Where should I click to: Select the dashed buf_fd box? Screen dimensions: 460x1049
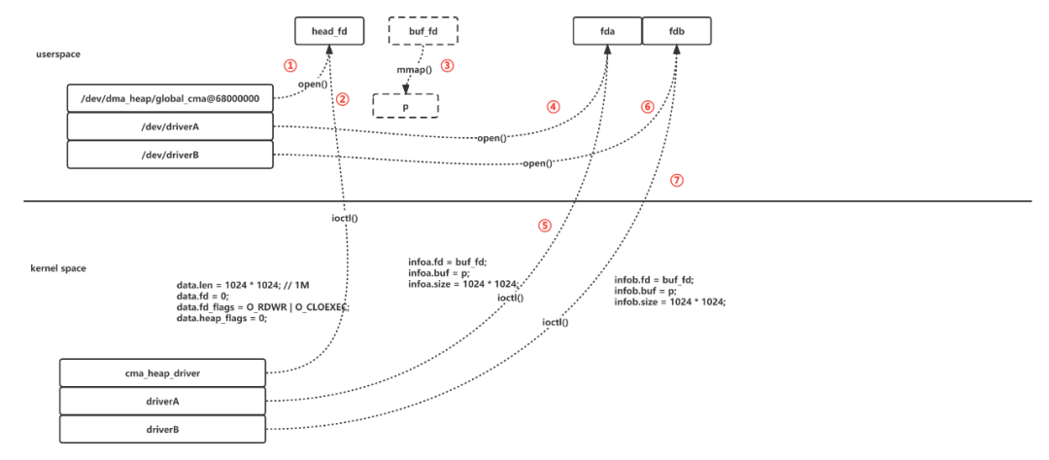point(423,31)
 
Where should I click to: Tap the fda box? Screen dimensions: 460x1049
point(607,31)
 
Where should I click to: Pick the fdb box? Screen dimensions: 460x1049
point(676,31)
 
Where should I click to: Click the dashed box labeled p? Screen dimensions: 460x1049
point(405,105)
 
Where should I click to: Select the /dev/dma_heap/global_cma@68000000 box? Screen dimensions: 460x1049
point(170,99)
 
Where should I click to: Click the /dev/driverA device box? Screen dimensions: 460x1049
point(170,126)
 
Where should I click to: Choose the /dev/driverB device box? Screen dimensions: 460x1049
point(170,154)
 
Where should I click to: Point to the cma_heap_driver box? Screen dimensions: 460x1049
point(162,372)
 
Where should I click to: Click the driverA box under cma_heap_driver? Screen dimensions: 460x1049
point(162,401)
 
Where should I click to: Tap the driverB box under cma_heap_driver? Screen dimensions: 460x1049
point(162,428)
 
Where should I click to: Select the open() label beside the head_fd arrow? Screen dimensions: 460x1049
point(312,85)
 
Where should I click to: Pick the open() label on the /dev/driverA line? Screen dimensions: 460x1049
point(492,138)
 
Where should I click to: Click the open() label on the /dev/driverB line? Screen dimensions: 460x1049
point(538,163)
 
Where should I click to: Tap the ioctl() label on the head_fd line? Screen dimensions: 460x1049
point(345,218)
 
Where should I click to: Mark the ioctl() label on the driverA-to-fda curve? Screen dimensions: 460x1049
point(511,298)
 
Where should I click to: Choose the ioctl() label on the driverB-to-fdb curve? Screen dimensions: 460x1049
point(556,322)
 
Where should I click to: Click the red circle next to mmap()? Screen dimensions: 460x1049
point(447,66)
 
